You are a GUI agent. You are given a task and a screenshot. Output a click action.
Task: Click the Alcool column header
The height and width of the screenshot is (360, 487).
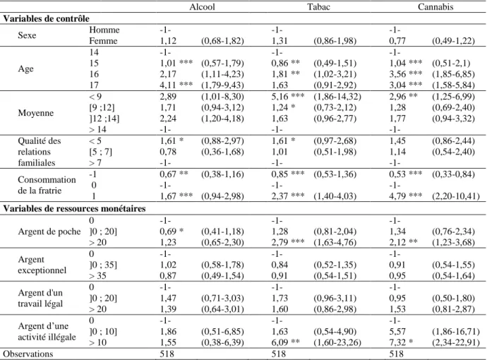click(202, 7)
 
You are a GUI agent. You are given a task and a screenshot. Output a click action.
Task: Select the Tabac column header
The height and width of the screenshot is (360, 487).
click(318, 7)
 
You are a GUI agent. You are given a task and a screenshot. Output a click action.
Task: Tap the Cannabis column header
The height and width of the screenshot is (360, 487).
click(435, 7)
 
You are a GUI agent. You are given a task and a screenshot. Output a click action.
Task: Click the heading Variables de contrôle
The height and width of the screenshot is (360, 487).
click(47, 18)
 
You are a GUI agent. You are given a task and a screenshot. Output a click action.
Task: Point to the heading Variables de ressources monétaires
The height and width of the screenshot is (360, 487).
click(74, 208)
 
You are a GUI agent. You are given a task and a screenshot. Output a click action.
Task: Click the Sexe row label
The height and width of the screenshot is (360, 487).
click(27, 35)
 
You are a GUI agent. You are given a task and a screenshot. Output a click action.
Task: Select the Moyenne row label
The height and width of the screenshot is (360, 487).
click(36, 113)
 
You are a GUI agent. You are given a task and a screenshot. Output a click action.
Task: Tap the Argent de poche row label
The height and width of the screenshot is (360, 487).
click(49, 232)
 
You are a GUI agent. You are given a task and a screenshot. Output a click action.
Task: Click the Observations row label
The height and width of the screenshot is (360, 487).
click(28, 354)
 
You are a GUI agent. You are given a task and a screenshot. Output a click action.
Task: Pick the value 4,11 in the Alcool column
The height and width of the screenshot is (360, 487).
click(168, 85)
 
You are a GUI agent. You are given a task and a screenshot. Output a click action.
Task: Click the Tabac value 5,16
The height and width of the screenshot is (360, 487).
click(279, 96)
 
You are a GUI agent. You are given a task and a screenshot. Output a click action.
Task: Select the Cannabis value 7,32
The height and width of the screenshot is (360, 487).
click(397, 342)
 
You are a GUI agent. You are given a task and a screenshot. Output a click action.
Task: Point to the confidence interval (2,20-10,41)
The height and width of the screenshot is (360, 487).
click(456, 196)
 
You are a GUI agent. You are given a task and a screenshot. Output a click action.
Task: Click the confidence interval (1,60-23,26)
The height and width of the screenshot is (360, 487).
click(337, 342)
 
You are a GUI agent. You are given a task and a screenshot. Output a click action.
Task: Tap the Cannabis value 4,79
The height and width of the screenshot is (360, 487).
click(397, 196)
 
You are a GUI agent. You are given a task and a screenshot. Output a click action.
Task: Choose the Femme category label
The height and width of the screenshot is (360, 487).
click(103, 41)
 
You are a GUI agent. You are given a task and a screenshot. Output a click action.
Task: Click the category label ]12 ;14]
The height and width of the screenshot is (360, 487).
click(104, 119)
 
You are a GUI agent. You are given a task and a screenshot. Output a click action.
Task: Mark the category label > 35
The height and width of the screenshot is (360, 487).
click(97, 276)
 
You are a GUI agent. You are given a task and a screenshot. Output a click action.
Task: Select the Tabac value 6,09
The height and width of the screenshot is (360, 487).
click(279, 342)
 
